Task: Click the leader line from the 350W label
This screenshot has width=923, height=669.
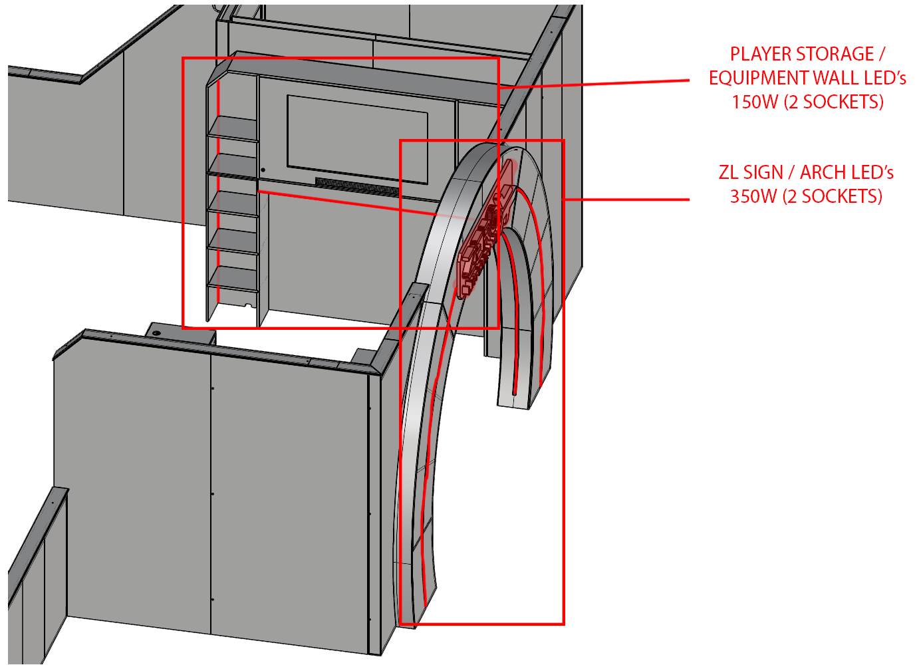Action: [626, 200]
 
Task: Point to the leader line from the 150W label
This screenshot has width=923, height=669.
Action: [594, 84]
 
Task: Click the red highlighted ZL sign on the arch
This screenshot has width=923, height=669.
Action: [487, 229]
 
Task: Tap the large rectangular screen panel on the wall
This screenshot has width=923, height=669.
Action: [357, 139]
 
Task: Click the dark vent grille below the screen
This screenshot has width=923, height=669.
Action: [357, 187]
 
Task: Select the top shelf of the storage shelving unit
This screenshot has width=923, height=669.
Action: [233, 128]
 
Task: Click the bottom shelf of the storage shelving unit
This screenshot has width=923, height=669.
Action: [233, 278]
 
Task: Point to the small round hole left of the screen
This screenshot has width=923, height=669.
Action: [263, 170]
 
